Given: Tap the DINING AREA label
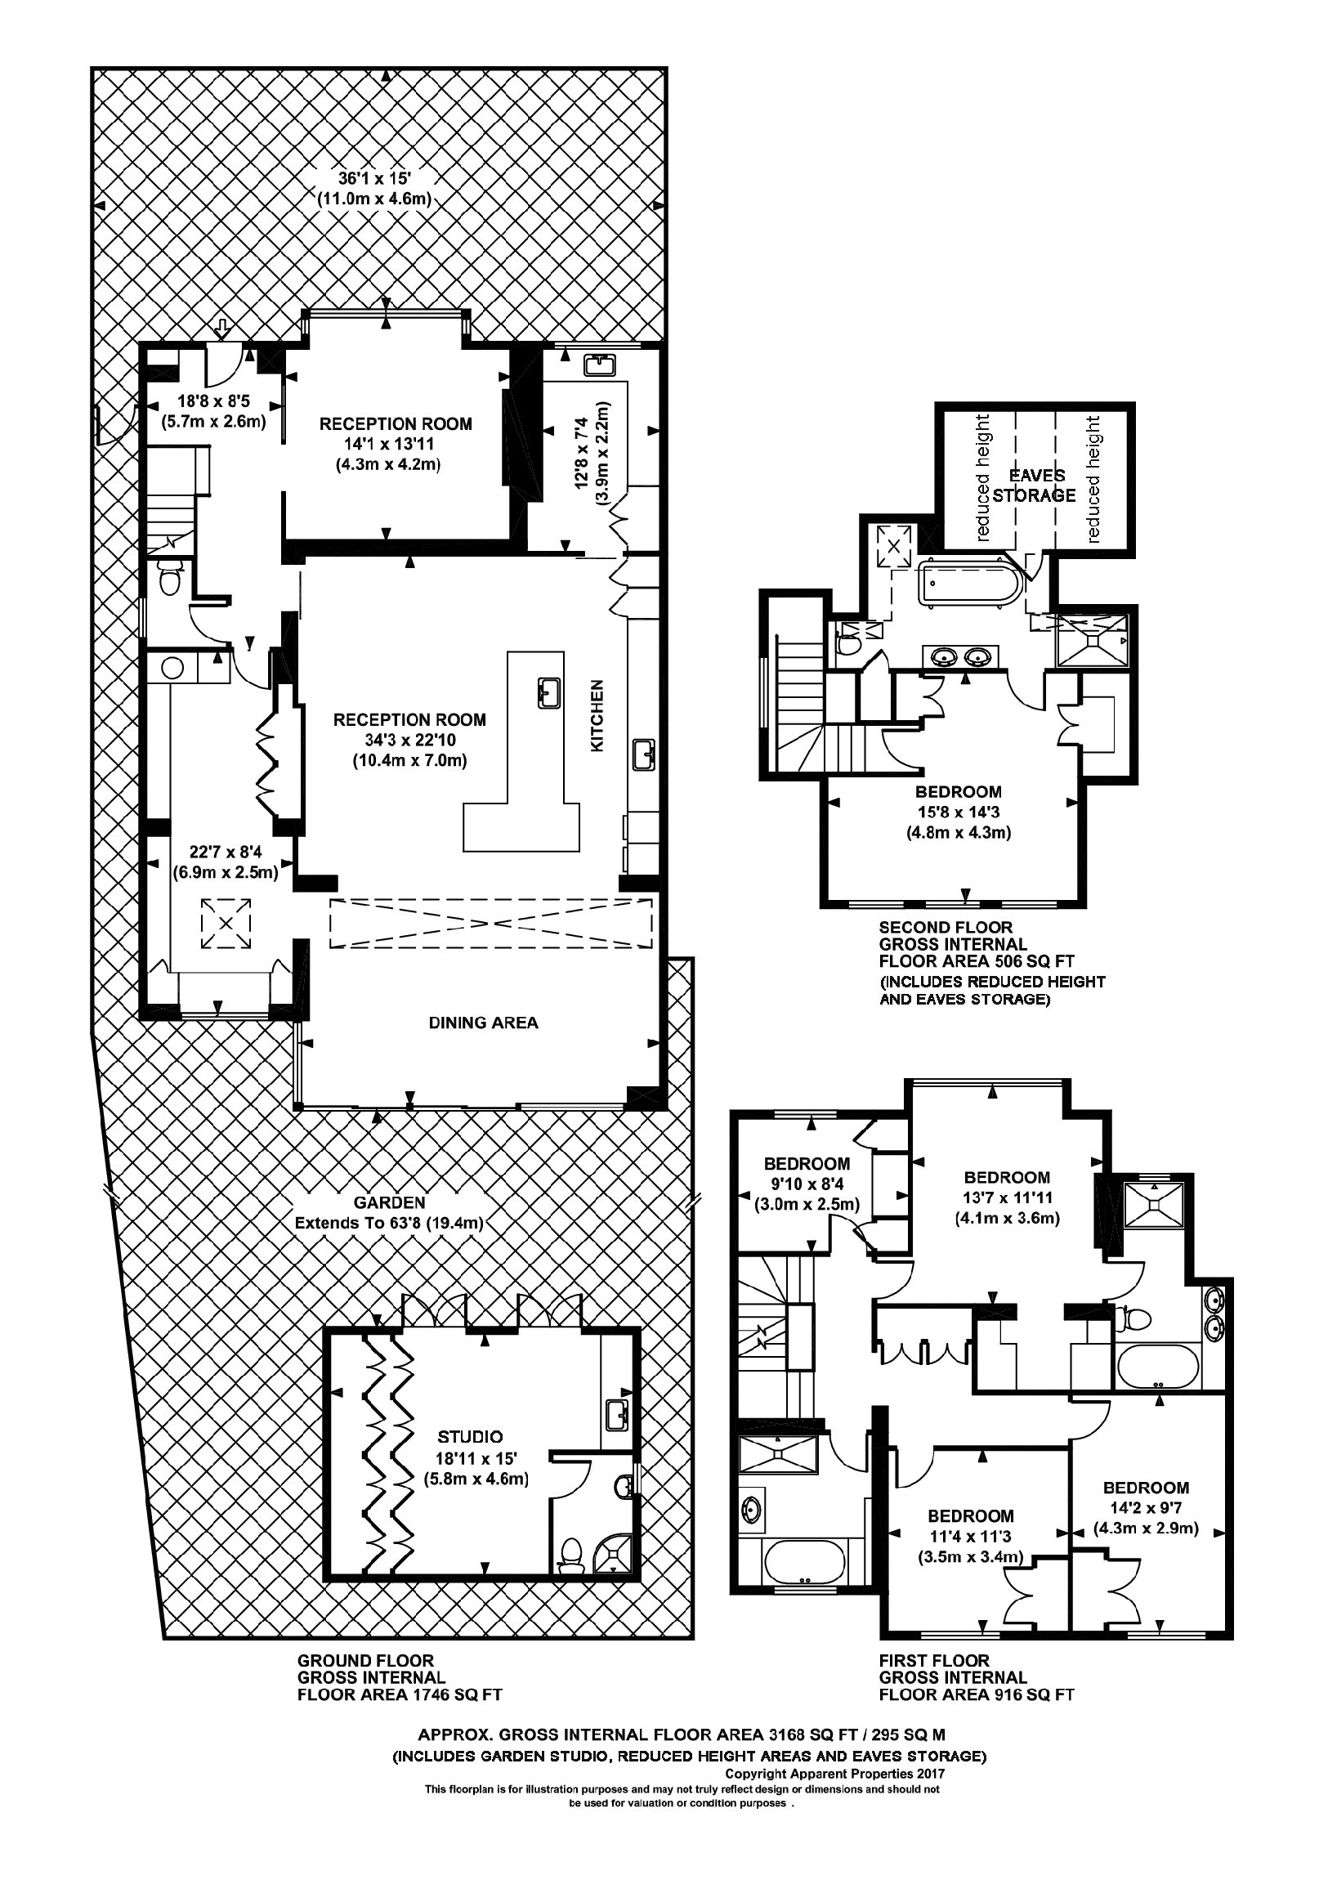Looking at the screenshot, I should (483, 1022).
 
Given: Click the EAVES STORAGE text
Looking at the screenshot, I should (1034, 486).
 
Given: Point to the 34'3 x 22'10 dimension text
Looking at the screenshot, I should (410, 741).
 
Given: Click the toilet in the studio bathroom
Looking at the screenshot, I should (570, 1553).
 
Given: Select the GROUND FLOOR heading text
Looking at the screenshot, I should (365, 1661).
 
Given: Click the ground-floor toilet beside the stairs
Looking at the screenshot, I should (169, 581).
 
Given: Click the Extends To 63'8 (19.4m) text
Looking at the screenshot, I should (389, 1224).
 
